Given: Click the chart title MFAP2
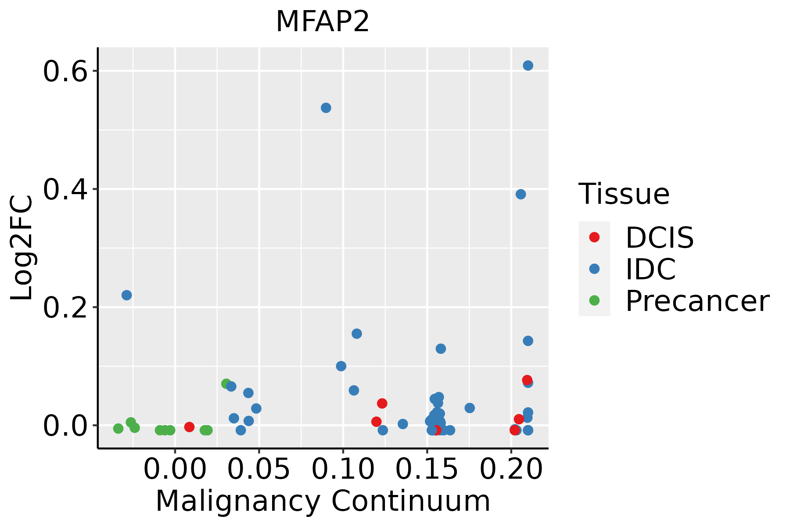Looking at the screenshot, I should click(x=323, y=22).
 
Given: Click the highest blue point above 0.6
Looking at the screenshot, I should click(x=528, y=65).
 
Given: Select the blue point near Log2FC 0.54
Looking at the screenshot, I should click(x=326, y=108).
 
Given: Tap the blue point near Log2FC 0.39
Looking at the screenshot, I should click(x=521, y=194).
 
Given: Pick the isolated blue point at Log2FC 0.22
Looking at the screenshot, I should click(x=126, y=295).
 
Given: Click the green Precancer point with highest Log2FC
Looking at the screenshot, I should click(x=226, y=384).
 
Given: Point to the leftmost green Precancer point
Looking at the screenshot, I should click(x=118, y=428).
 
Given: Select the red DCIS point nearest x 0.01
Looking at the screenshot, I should click(x=189, y=427).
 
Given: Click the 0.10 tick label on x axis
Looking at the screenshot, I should click(x=343, y=469).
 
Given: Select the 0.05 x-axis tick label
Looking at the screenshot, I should click(x=259, y=469).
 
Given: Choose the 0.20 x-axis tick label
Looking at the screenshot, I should click(x=511, y=469).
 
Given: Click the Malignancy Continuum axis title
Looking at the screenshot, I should click(x=323, y=501).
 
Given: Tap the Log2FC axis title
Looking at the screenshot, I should click(x=22, y=248).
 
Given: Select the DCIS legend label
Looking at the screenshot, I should click(x=659, y=238).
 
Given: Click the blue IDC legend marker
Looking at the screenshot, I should click(x=594, y=269).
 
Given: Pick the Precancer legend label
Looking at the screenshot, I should click(x=697, y=301).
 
